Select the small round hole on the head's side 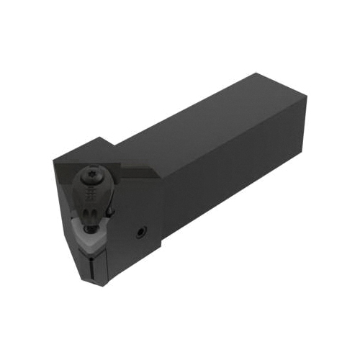[x=140, y=233]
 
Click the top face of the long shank [x=209, y=122]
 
